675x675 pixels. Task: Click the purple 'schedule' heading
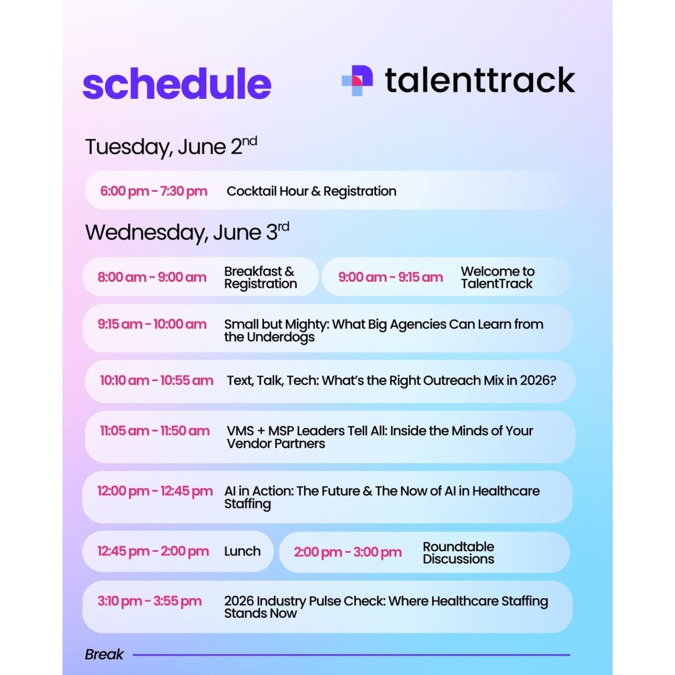(177, 84)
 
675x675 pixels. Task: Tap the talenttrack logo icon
(357, 81)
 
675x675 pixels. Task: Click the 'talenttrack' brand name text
(480, 80)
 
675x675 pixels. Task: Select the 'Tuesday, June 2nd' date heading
(171, 146)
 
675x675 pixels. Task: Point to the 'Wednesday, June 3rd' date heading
(187, 232)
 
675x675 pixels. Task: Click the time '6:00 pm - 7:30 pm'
(153, 191)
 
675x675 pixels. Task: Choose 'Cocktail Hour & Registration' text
(311, 191)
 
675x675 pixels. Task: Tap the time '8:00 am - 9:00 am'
(152, 277)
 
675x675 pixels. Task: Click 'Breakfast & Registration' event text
(261, 277)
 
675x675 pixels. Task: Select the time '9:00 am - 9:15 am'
(390, 277)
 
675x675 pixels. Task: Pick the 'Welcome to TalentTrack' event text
(498, 277)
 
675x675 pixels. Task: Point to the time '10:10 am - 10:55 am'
(157, 381)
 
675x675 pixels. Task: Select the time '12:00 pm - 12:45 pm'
(155, 491)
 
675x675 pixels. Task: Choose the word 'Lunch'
(242, 551)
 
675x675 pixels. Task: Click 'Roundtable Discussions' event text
(458, 553)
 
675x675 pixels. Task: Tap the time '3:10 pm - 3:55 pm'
(150, 601)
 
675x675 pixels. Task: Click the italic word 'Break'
(104, 654)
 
